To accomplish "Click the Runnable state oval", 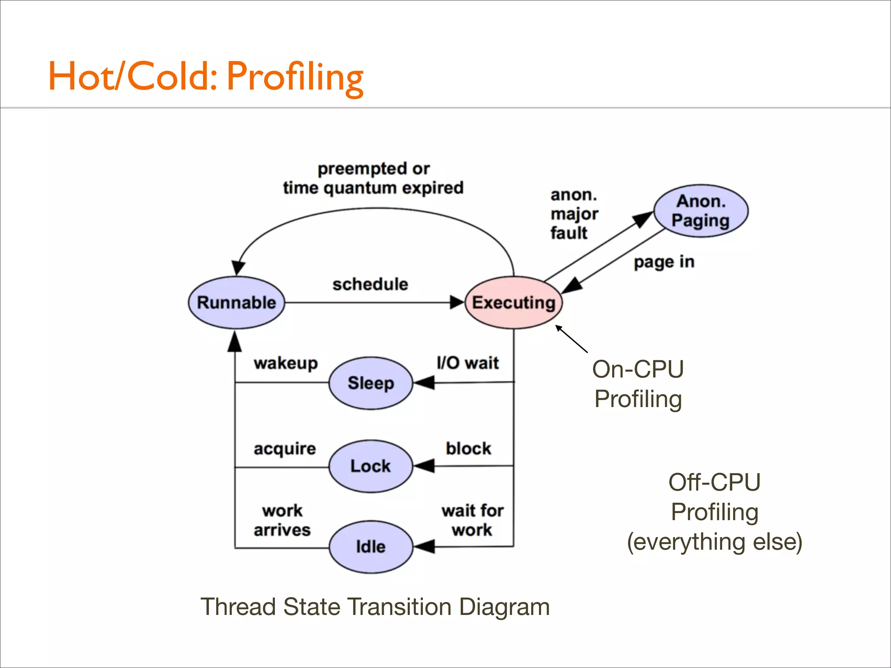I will pos(236,303).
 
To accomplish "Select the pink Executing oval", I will pos(513,303).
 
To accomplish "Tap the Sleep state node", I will pos(371,383).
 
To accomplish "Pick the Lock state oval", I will pos(371,466).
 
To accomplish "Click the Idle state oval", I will pos(371,547).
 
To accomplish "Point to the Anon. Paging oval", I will pos(700,211).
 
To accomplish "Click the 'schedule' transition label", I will pos(370,284).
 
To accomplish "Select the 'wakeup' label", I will pos(286,363).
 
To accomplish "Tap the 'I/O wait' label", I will pos(468,363).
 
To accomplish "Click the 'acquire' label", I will pos(285,449).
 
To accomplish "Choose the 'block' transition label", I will pos(469,448).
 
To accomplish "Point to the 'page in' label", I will pos(664,262).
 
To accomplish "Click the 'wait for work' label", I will pos(472,520).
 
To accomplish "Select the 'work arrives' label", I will pos(282,520).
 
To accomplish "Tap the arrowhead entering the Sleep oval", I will pos(424,383).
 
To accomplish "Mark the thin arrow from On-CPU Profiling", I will pos(571,339).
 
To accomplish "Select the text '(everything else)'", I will pos(714,542).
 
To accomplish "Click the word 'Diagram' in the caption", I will pos(504,607).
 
